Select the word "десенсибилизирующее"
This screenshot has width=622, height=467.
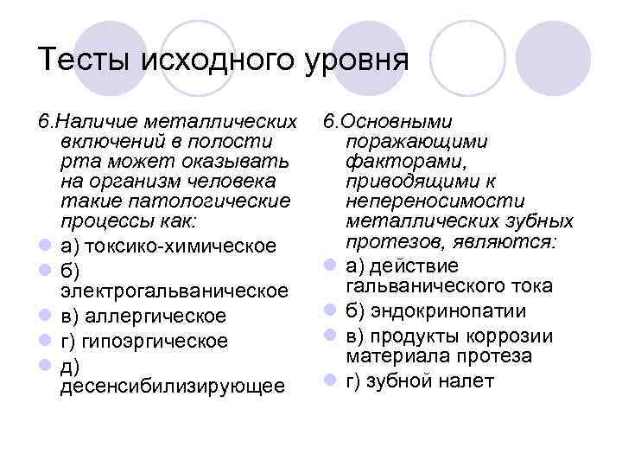tap(173, 387)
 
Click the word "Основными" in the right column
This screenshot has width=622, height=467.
tap(397, 122)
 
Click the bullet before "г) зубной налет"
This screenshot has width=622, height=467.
tap(329, 381)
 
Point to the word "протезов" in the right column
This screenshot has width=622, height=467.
tap(381, 240)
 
